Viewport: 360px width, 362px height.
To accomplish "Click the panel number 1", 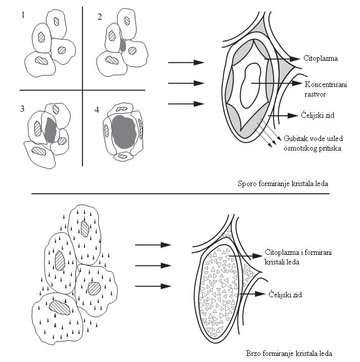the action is [x=23, y=15].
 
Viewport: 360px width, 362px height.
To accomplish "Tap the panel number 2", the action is [x=100, y=17].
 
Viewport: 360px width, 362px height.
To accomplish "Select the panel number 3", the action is [x=22, y=109].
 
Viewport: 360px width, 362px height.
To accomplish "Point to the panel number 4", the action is [x=97, y=110].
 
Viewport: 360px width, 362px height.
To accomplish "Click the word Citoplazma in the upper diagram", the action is [x=321, y=58].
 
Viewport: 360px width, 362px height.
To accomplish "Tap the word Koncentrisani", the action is [x=326, y=84].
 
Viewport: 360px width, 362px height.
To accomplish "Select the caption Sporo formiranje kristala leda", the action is [x=283, y=184].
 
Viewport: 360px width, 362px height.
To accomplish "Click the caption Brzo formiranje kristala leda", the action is [x=289, y=353].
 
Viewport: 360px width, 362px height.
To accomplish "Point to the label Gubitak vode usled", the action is [x=313, y=139].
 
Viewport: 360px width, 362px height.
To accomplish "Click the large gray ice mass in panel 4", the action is [x=124, y=132].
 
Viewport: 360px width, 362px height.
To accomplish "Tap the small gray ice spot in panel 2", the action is [x=123, y=45].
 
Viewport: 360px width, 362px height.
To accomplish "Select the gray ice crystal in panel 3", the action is [x=51, y=130].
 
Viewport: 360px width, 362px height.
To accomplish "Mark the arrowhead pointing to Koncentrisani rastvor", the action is [x=297, y=83].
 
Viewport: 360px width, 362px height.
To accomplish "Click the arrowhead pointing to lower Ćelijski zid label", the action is [x=260, y=294].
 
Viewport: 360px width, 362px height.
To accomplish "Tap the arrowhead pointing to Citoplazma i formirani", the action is [x=257, y=256].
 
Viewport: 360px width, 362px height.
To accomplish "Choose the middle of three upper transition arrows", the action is [x=186, y=83].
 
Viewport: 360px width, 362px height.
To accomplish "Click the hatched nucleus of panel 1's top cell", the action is [x=56, y=21].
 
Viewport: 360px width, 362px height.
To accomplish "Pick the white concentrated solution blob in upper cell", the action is [x=250, y=86].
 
